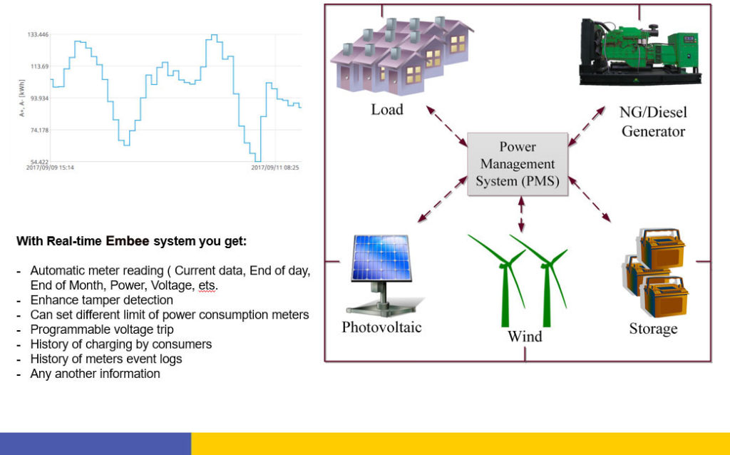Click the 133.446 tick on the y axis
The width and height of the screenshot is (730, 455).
coord(37,34)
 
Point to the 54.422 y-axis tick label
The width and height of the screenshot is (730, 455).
coord(37,162)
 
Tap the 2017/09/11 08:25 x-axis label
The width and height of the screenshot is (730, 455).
coord(275,168)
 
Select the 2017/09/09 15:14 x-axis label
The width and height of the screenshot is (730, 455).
coord(50,168)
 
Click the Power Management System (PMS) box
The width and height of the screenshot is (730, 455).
coord(517,164)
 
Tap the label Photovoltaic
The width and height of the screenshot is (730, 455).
coord(381,327)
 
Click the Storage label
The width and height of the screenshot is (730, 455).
coord(652,329)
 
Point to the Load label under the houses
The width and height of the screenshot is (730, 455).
coord(386,110)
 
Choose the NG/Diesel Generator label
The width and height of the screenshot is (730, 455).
coord(653,122)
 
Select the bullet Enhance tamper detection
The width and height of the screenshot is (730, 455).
coord(101,300)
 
